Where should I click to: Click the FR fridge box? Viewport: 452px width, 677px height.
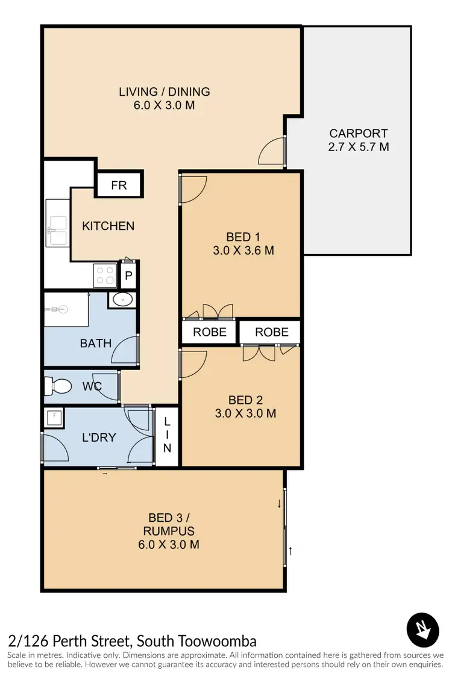pos(119,185)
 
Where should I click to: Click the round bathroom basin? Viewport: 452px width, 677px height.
pos(122,299)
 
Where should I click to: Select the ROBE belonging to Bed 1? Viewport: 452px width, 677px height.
pos(209,332)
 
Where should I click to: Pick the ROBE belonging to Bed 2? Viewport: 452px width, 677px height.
pos(271,332)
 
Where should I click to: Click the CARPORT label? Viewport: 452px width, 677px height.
pos(358,134)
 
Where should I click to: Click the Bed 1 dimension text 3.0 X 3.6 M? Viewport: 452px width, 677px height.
pos(243,250)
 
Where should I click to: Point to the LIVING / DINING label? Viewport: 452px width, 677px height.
pos(164,92)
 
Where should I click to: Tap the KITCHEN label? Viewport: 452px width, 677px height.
pos(108,226)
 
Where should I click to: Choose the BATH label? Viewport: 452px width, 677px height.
pos(96,344)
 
